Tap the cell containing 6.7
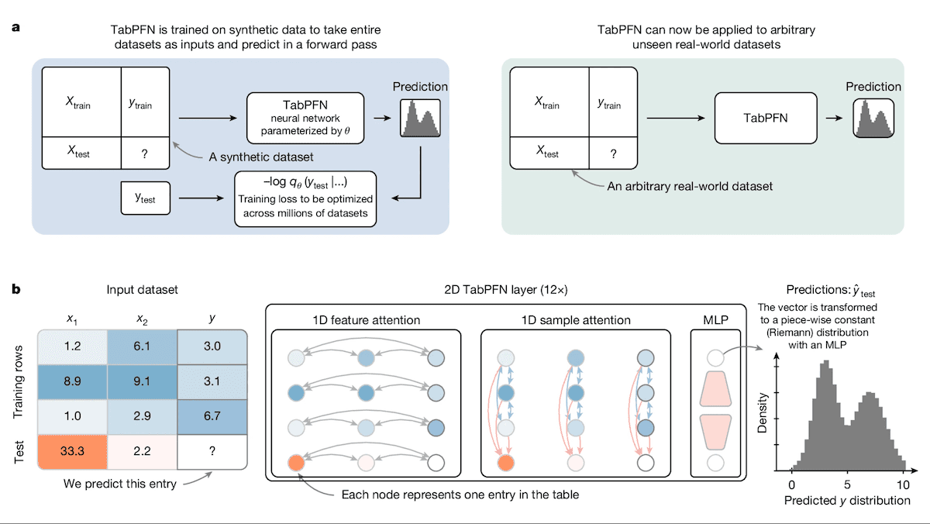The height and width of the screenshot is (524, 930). point(212,415)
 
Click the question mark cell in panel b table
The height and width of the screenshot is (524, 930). point(212,450)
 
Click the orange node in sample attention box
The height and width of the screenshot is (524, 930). point(507,464)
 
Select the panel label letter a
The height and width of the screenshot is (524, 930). point(15,29)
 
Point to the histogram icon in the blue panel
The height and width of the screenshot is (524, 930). point(420,118)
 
